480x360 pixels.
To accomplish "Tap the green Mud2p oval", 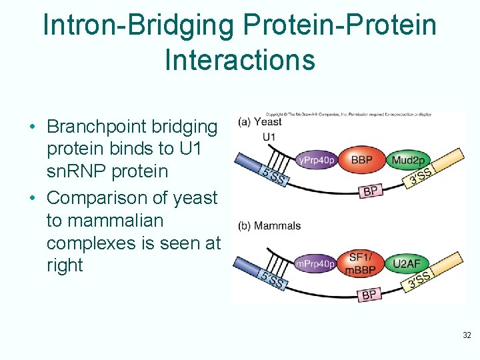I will point(408,161).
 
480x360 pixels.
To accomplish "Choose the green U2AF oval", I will point(406,264).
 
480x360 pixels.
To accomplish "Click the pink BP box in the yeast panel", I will point(371,191).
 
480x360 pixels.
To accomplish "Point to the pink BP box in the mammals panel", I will point(369,294).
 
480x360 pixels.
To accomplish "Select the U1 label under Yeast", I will point(269,137).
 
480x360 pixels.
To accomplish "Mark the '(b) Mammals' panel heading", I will point(269,226).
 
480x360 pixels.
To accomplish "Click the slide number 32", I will point(467,335).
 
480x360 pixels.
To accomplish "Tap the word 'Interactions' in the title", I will point(239,59).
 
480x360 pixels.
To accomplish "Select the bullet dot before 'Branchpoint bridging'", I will point(32,127).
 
